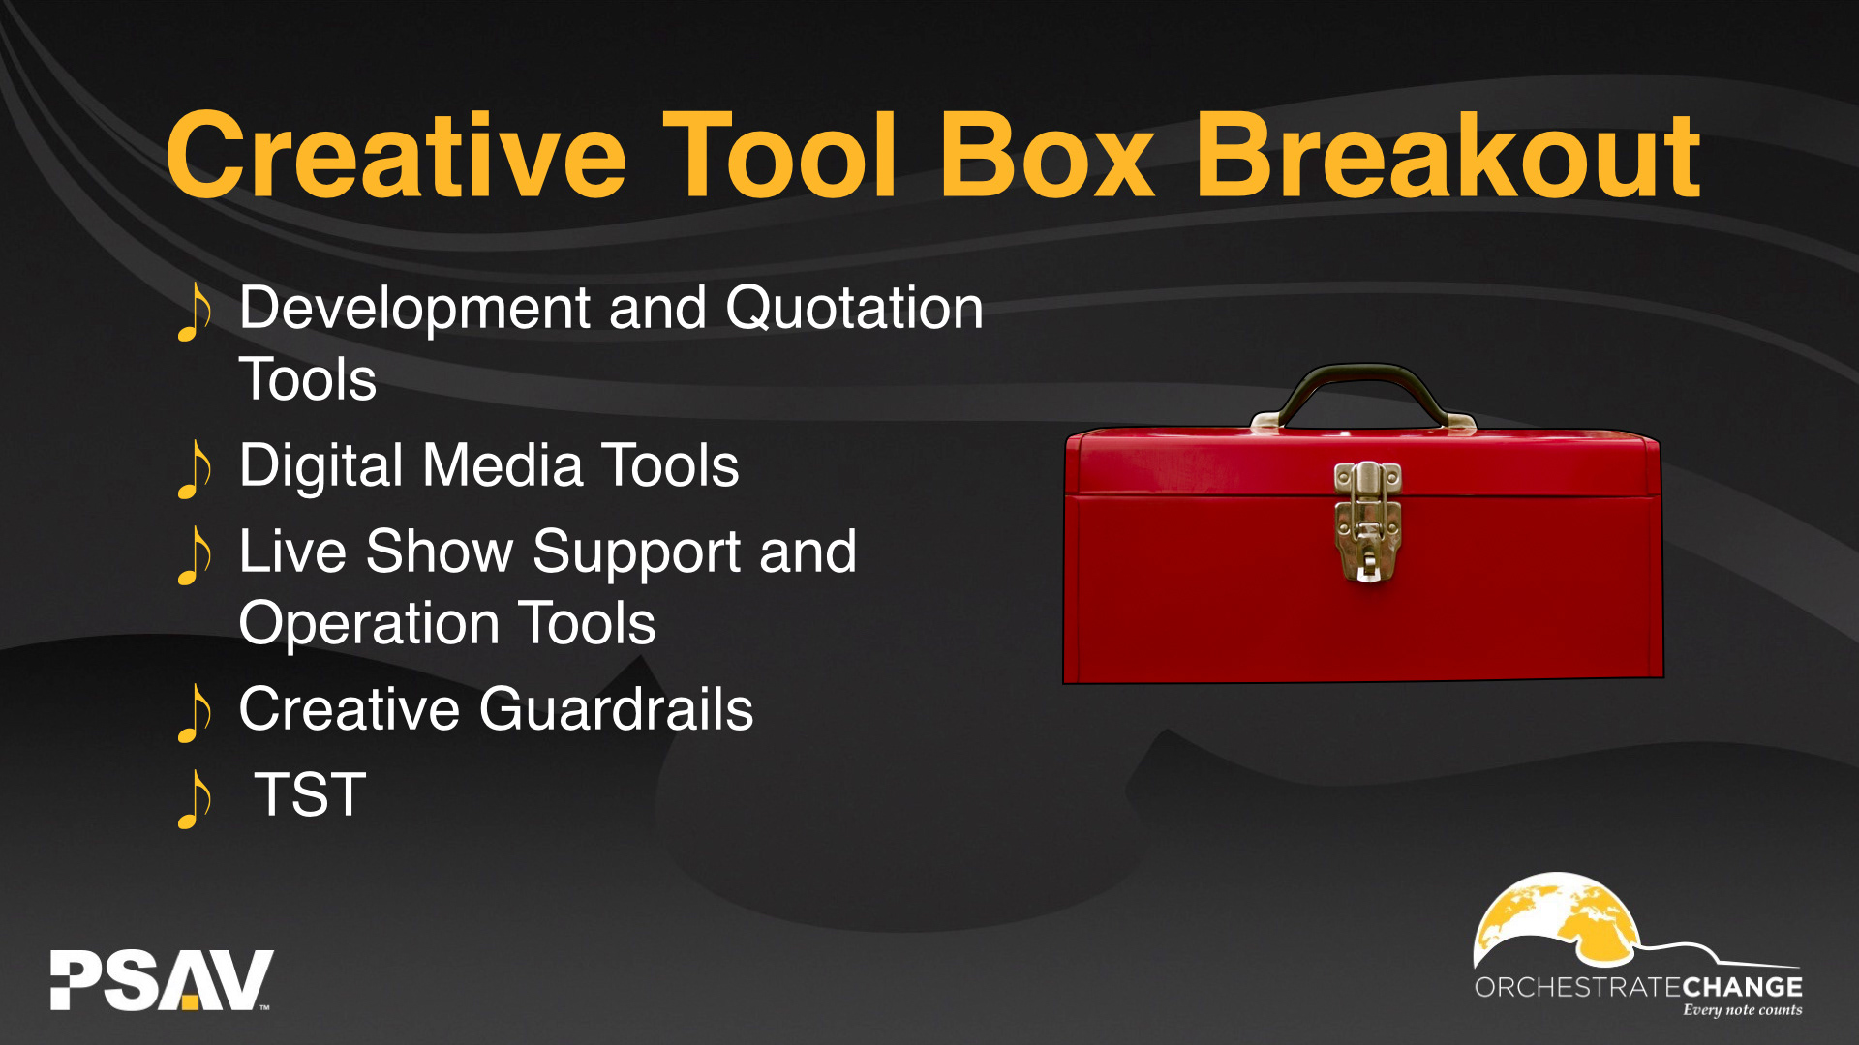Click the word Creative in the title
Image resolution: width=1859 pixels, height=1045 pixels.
point(396,155)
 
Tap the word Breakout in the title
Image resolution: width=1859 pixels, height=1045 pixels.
point(1448,155)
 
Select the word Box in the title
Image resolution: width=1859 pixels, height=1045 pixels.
point(1047,155)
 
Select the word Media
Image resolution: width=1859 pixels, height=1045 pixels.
point(503,465)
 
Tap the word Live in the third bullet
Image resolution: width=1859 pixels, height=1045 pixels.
point(292,552)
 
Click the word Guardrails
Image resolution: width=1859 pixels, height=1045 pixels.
point(616,709)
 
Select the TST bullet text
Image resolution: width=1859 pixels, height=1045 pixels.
point(310,795)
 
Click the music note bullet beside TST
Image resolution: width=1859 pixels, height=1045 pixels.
point(195,799)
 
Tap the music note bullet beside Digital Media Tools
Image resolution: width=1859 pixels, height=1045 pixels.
point(195,469)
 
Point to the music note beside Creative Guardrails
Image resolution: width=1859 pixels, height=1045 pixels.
point(195,713)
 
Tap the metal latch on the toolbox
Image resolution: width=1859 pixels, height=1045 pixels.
point(1367,522)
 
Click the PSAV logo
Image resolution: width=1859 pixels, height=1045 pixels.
point(162,980)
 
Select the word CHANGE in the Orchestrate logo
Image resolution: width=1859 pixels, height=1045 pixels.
point(1742,987)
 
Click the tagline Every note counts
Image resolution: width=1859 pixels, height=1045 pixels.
point(1742,1010)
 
